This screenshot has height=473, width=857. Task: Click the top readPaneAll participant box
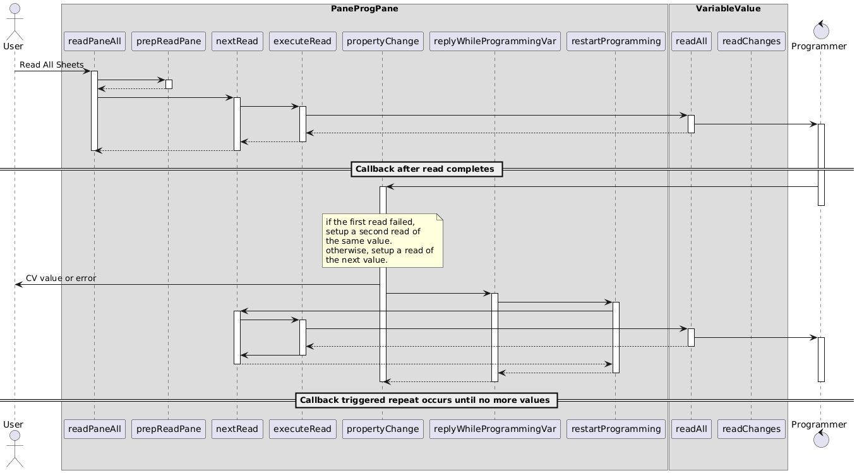[x=95, y=41]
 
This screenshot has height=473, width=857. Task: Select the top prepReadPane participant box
[x=168, y=41]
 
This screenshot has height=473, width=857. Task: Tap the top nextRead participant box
[x=237, y=41]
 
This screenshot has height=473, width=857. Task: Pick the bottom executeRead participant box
[x=303, y=429]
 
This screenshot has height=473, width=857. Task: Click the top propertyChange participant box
[x=383, y=41]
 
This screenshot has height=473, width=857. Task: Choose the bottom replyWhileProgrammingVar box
[x=494, y=429]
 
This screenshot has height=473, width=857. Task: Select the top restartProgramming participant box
[x=616, y=41]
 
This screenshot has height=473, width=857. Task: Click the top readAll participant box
[x=691, y=41]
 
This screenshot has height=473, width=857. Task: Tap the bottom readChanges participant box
[x=751, y=429]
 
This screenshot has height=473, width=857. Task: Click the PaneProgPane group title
[x=364, y=9]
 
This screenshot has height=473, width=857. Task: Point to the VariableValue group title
[x=728, y=9]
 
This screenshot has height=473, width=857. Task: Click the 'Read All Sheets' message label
[x=51, y=65]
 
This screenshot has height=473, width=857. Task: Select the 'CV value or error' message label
[x=61, y=278]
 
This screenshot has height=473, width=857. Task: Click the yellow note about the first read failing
[x=382, y=241]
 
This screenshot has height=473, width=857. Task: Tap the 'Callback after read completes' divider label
[x=425, y=169]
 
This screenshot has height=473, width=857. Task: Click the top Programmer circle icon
[x=820, y=27]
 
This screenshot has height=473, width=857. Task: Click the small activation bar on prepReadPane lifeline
[x=169, y=84]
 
